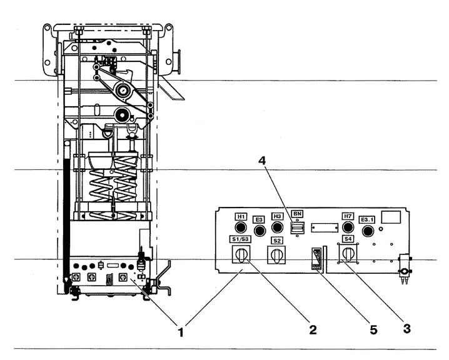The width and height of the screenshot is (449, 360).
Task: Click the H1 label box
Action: click(x=241, y=217)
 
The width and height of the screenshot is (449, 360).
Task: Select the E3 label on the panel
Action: click(x=259, y=220)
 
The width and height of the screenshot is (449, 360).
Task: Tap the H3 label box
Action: click(x=277, y=216)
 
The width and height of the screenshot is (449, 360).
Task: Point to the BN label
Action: click(x=297, y=214)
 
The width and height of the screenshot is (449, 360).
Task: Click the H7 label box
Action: click(x=348, y=216)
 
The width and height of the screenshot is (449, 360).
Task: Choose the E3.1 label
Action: click(x=367, y=220)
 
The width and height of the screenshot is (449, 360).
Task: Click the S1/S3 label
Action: click(x=241, y=239)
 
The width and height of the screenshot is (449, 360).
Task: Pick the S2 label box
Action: click(x=277, y=241)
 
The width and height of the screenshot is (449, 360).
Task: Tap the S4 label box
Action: click(x=348, y=239)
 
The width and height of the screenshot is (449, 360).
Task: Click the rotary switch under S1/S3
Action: click(x=241, y=254)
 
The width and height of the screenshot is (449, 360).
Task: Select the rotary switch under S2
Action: click(x=276, y=255)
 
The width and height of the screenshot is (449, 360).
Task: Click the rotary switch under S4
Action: click(x=348, y=254)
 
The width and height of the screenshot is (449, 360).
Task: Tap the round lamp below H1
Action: click(x=241, y=227)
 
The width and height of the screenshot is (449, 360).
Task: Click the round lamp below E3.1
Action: click(x=368, y=231)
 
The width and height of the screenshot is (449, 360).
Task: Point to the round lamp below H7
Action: click(x=348, y=227)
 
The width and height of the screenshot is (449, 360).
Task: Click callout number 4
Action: click(x=262, y=161)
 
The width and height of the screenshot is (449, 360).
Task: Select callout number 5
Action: click(x=373, y=329)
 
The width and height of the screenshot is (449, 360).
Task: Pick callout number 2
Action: click(x=313, y=329)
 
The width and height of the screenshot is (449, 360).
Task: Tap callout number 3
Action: click(x=406, y=329)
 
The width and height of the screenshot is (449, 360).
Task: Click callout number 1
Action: click(x=180, y=332)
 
